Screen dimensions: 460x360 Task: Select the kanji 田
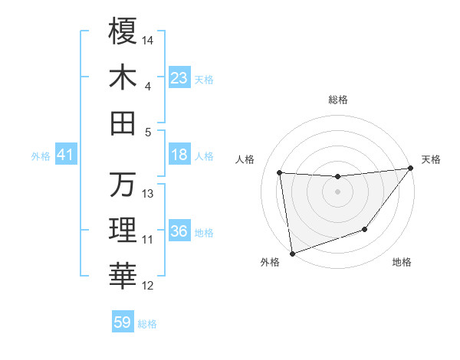(123, 123)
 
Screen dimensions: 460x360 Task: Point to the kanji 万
(123, 185)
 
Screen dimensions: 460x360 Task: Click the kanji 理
(123, 231)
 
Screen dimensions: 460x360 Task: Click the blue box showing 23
(179, 77)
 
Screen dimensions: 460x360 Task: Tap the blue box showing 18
(179, 155)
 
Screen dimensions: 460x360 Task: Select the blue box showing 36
(179, 231)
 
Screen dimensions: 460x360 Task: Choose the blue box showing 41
(65, 155)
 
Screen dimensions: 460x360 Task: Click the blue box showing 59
(123, 322)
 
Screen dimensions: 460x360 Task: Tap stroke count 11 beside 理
(148, 239)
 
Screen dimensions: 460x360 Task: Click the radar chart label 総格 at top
(337, 100)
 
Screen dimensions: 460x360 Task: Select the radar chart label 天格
(431, 159)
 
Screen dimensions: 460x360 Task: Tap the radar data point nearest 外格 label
(291, 253)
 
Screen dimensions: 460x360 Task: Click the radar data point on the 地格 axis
(365, 229)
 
